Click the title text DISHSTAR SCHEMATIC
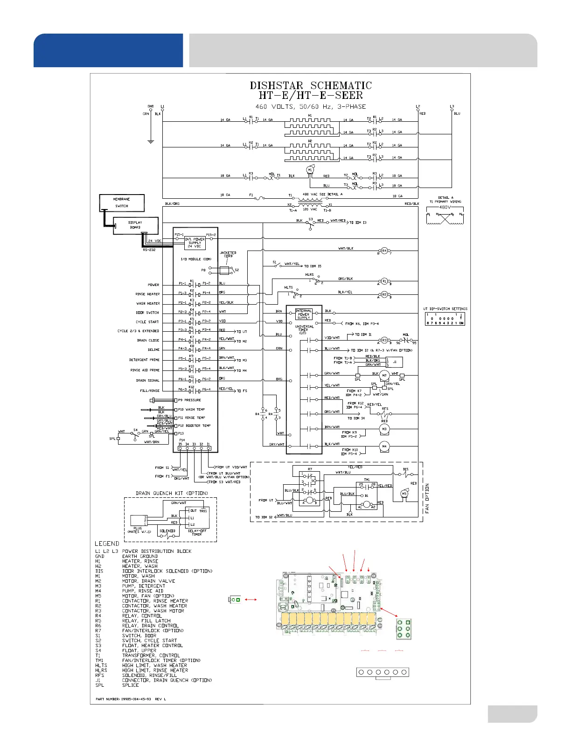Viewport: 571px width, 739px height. click(311, 86)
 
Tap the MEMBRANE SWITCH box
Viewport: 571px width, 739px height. click(121, 202)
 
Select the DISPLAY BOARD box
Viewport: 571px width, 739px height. click(135, 225)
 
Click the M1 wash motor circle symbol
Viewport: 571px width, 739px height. click(309, 170)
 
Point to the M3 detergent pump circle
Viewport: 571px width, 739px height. click(384, 429)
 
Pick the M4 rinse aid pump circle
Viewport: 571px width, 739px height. click(384, 446)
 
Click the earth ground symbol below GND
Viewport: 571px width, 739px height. click(151, 141)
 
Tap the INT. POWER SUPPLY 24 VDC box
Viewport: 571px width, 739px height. click(195, 243)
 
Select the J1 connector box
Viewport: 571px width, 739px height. click(395, 362)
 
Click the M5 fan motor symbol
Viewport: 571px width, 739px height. click(404, 494)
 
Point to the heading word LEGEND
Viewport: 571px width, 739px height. click(107, 544)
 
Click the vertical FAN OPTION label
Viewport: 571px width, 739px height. click(427, 498)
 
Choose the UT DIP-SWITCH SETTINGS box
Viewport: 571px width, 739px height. click(445, 319)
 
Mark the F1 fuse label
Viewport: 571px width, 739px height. click(251, 195)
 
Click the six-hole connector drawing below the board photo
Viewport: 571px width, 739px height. click(382, 672)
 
